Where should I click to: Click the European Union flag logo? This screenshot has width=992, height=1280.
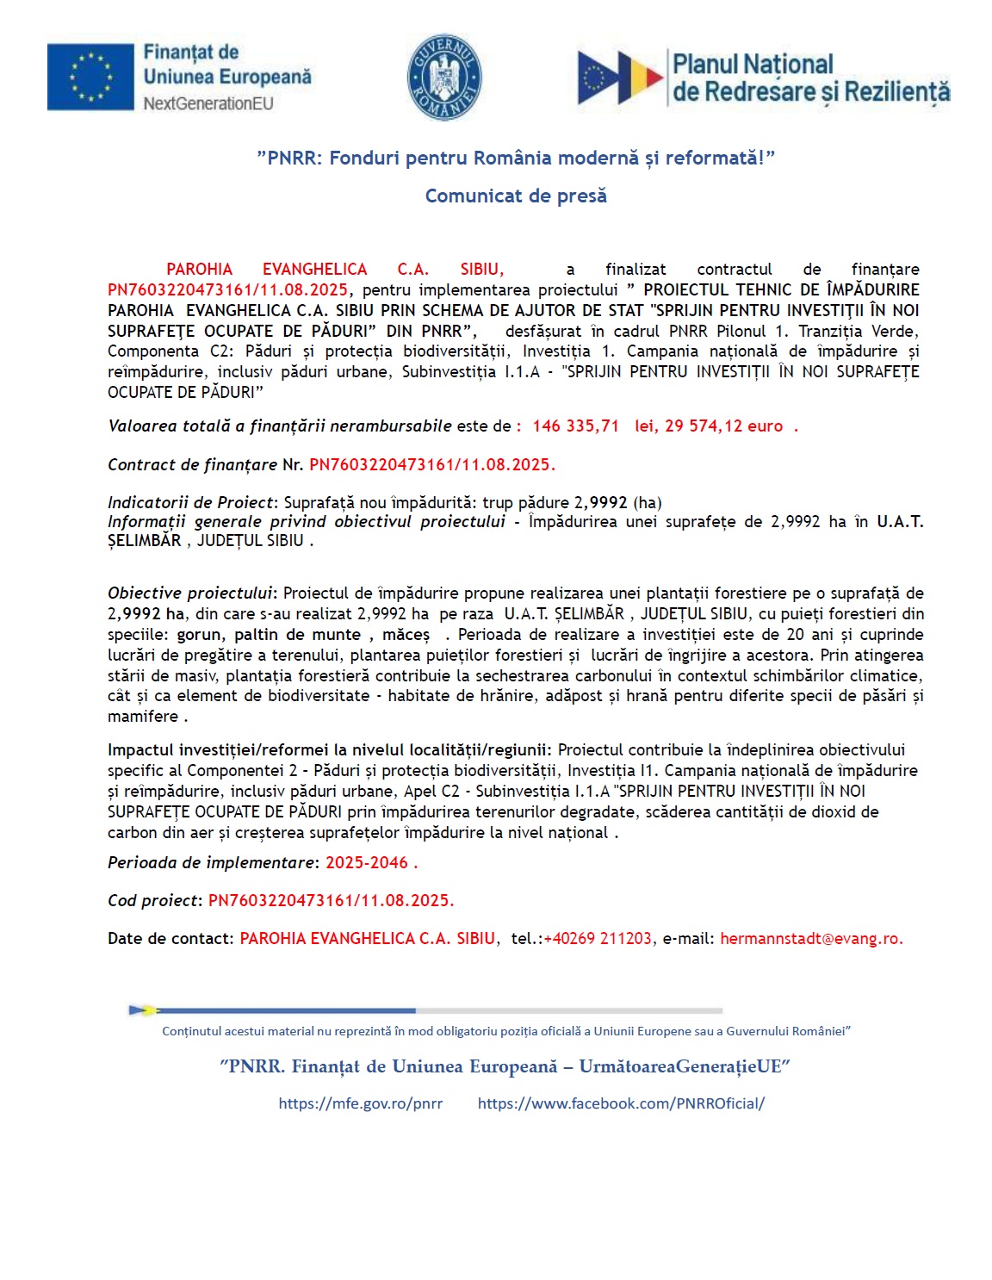pyautogui.click(x=90, y=78)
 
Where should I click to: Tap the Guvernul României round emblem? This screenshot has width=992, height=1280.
pyautogui.click(x=444, y=78)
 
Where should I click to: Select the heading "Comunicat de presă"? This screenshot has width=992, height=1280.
pyautogui.click(x=516, y=196)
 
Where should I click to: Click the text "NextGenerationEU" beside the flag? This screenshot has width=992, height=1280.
pyautogui.click(x=208, y=104)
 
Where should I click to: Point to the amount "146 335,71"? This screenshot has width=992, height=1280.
pyautogui.click(x=575, y=426)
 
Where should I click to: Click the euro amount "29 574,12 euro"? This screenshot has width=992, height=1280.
pyautogui.click(x=709, y=426)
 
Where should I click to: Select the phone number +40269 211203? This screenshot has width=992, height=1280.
pyautogui.click(x=598, y=939)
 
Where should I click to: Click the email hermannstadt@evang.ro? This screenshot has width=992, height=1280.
pyautogui.click(x=811, y=939)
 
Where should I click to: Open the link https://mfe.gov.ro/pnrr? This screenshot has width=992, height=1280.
pyautogui.click(x=361, y=1103)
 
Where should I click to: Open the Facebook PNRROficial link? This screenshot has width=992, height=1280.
pyautogui.click(x=621, y=1103)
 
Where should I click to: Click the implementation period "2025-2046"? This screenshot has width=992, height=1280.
pyautogui.click(x=367, y=863)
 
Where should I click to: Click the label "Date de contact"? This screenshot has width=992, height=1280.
pyautogui.click(x=170, y=939)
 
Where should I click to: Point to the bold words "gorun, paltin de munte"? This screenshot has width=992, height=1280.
pyautogui.click(x=269, y=635)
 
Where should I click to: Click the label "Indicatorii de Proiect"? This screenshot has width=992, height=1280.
pyautogui.click(x=189, y=503)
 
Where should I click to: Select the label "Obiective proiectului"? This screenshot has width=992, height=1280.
pyautogui.click(x=189, y=593)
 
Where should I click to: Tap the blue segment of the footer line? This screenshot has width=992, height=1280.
pyautogui.click(x=284, y=1010)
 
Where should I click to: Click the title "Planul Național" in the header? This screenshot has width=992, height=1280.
pyautogui.click(x=753, y=65)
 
